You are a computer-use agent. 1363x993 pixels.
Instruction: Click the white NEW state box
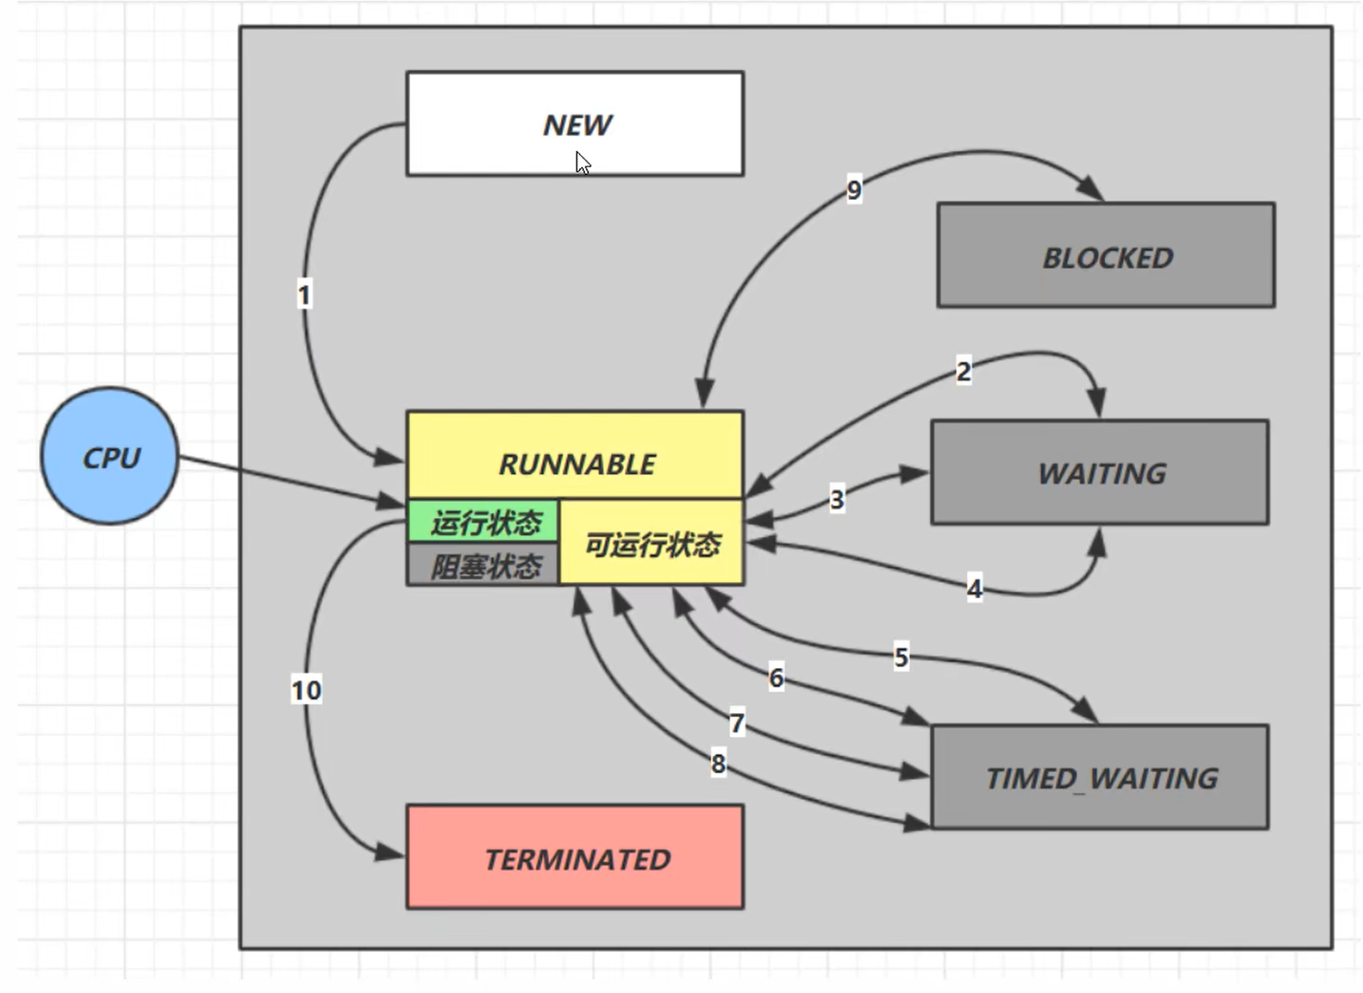tap(574, 123)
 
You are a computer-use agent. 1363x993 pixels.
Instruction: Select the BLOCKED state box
tap(1106, 255)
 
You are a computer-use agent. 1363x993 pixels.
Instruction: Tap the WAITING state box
tap(1100, 472)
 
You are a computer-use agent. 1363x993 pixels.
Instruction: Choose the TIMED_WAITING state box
tap(1100, 777)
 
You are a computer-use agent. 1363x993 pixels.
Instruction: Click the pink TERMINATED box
tap(574, 857)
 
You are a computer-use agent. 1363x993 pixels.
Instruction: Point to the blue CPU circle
tap(110, 456)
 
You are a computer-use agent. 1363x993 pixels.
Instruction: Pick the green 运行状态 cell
tap(485, 522)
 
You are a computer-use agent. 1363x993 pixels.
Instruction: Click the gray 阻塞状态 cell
tap(485, 566)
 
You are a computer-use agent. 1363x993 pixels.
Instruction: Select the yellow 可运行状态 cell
tap(652, 544)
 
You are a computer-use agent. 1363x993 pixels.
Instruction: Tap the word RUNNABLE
tap(576, 464)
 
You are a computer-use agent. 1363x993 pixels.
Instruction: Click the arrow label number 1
tap(304, 294)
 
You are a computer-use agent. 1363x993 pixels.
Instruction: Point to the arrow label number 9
tap(854, 189)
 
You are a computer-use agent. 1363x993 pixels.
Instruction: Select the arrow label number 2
tap(963, 371)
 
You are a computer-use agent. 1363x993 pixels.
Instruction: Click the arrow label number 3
tap(837, 499)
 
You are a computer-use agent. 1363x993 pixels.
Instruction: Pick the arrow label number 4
tap(974, 588)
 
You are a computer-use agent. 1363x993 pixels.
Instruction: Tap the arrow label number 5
tap(900, 657)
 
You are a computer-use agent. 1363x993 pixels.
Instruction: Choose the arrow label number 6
tap(776, 678)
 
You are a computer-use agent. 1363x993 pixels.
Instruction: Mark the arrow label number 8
tap(718, 764)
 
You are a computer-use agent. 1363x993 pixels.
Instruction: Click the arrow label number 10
tap(306, 689)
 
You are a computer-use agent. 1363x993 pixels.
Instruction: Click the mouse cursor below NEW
tap(582, 163)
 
